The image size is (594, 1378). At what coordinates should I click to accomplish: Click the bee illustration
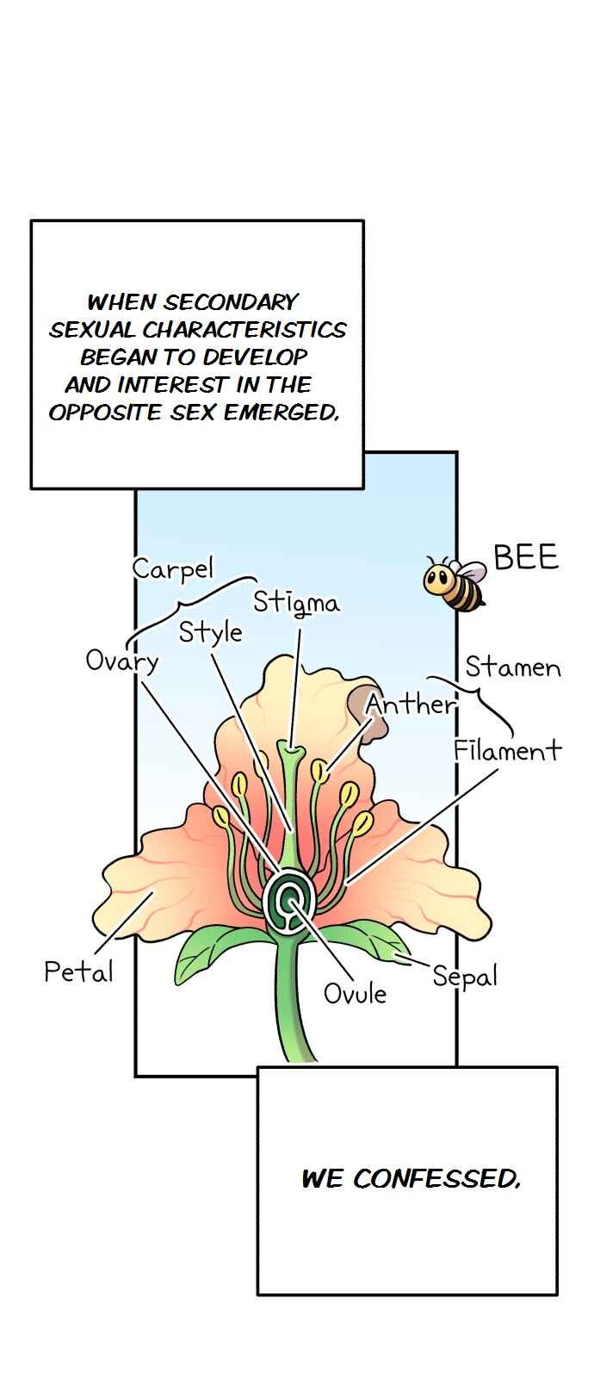(x=454, y=582)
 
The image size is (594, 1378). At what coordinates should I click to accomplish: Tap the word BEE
(x=526, y=556)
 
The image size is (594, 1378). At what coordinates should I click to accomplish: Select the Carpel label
(x=173, y=569)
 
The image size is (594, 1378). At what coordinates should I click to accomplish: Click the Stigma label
(x=296, y=603)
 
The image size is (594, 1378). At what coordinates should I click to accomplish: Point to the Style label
(x=210, y=633)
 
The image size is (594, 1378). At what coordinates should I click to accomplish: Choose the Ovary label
(x=121, y=661)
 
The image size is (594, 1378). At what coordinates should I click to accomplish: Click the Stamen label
(x=513, y=667)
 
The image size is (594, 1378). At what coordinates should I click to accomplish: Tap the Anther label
(x=411, y=704)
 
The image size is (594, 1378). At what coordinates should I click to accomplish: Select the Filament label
(x=507, y=750)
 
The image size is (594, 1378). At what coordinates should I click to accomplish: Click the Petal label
(x=78, y=971)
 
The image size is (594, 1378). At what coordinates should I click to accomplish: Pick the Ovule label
(x=355, y=994)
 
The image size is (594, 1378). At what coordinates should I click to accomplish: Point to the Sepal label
(x=464, y=977)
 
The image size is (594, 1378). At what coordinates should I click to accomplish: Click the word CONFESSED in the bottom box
(x=436, y=1179)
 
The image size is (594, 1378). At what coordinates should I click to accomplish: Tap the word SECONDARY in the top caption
(x=230, y=302)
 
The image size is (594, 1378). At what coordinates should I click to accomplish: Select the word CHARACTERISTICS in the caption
(x=244, y=330)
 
